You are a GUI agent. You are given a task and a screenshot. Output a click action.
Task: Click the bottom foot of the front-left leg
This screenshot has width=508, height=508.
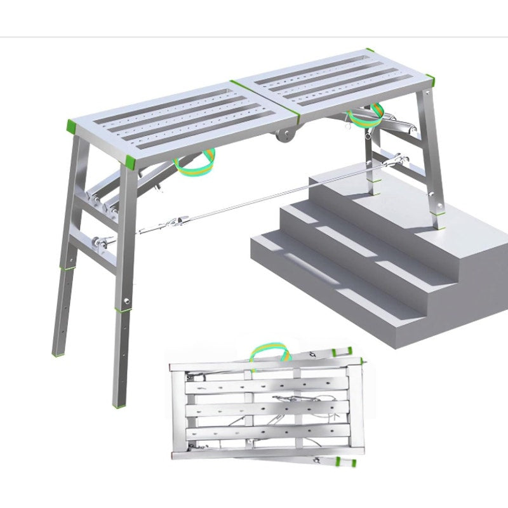119,401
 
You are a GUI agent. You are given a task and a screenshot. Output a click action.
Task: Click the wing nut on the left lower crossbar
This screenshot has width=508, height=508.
100,241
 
